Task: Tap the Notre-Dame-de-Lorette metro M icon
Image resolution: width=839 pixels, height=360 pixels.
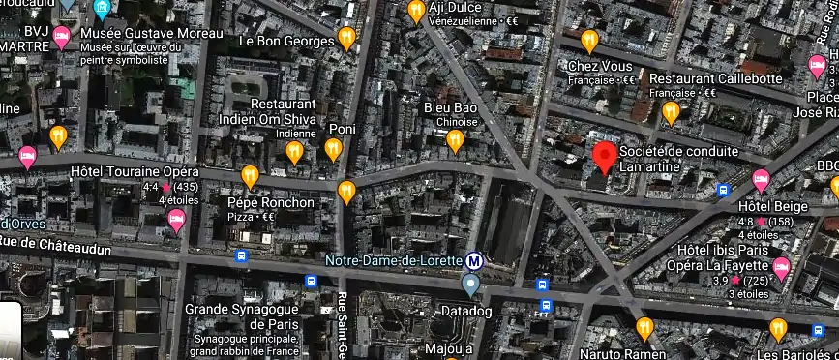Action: coord(473,260)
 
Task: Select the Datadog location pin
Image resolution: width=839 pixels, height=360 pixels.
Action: coord(470,285)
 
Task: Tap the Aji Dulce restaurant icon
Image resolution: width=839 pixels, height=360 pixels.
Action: coord(416,12)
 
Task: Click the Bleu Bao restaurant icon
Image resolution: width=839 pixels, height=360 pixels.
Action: coord(456,141)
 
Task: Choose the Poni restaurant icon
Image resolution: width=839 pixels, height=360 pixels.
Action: coord(333,149)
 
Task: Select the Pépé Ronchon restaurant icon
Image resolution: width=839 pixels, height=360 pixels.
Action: coord(250,176)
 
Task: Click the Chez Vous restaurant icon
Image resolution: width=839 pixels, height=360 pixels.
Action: coord(589,41)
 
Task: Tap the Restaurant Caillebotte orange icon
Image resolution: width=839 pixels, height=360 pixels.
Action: coord(671,113)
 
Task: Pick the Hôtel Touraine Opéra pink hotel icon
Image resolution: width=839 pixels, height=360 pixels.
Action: coord(177,222)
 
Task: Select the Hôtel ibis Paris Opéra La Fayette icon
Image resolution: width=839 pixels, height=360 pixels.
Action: coord(781,267)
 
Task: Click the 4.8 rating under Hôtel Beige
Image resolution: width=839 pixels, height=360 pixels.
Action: coord(747,222)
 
